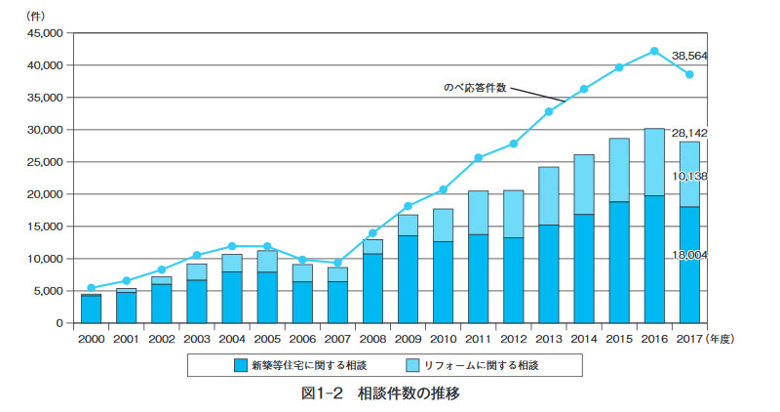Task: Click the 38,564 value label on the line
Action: (x=716, y=57)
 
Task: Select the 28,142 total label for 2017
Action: (x=716, y=132)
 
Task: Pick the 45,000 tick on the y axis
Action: (x=44, y=33)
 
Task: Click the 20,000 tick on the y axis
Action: (x=44, y=194)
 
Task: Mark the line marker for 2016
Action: (x=654, y=51)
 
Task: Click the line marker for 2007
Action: (x=337, y=263)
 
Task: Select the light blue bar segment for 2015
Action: (x=619, y=170)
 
